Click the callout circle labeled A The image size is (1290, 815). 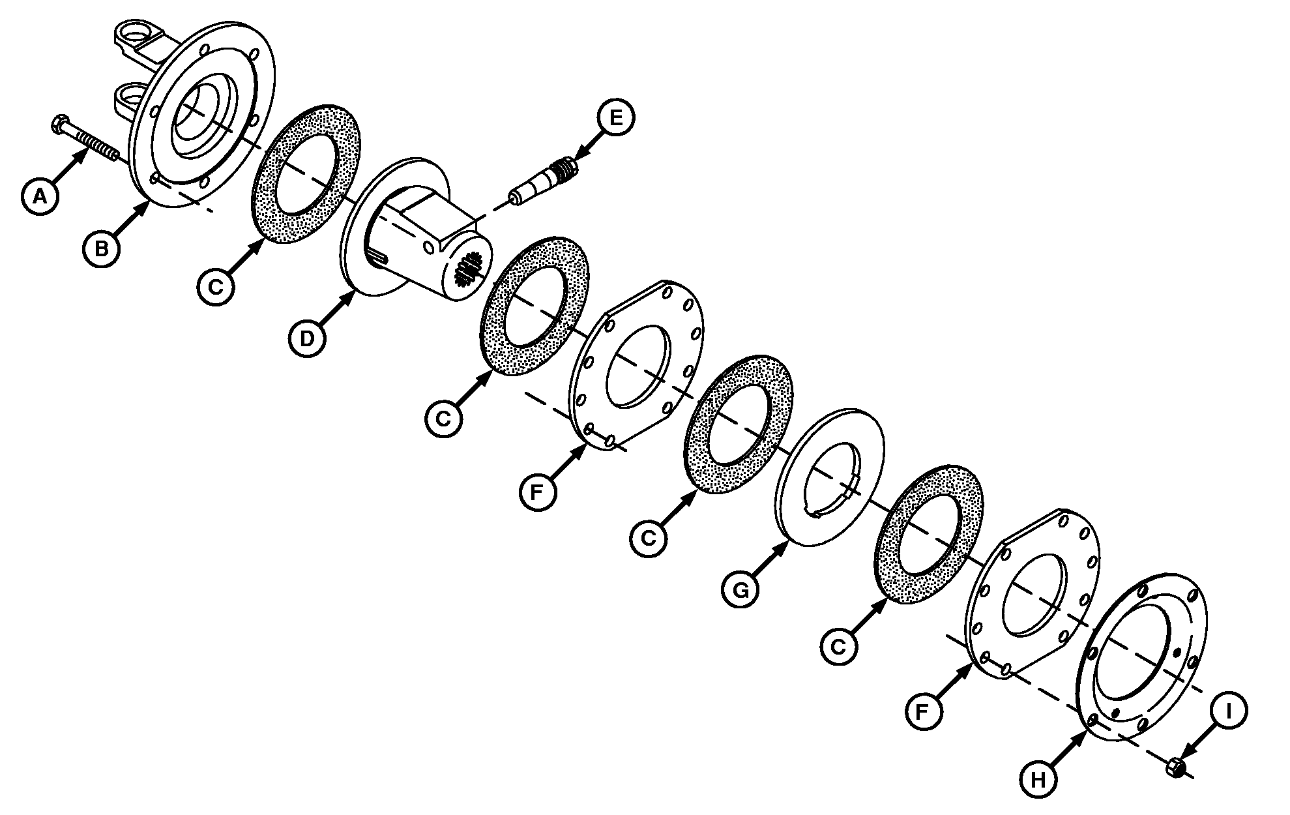[x=40, y=194]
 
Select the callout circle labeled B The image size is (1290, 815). [x=102, y=248]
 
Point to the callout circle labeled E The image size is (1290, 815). [x=615, y=118]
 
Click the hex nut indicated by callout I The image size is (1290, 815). [x=1174, y=767]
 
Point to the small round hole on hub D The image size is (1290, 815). [x=428, y=248]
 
